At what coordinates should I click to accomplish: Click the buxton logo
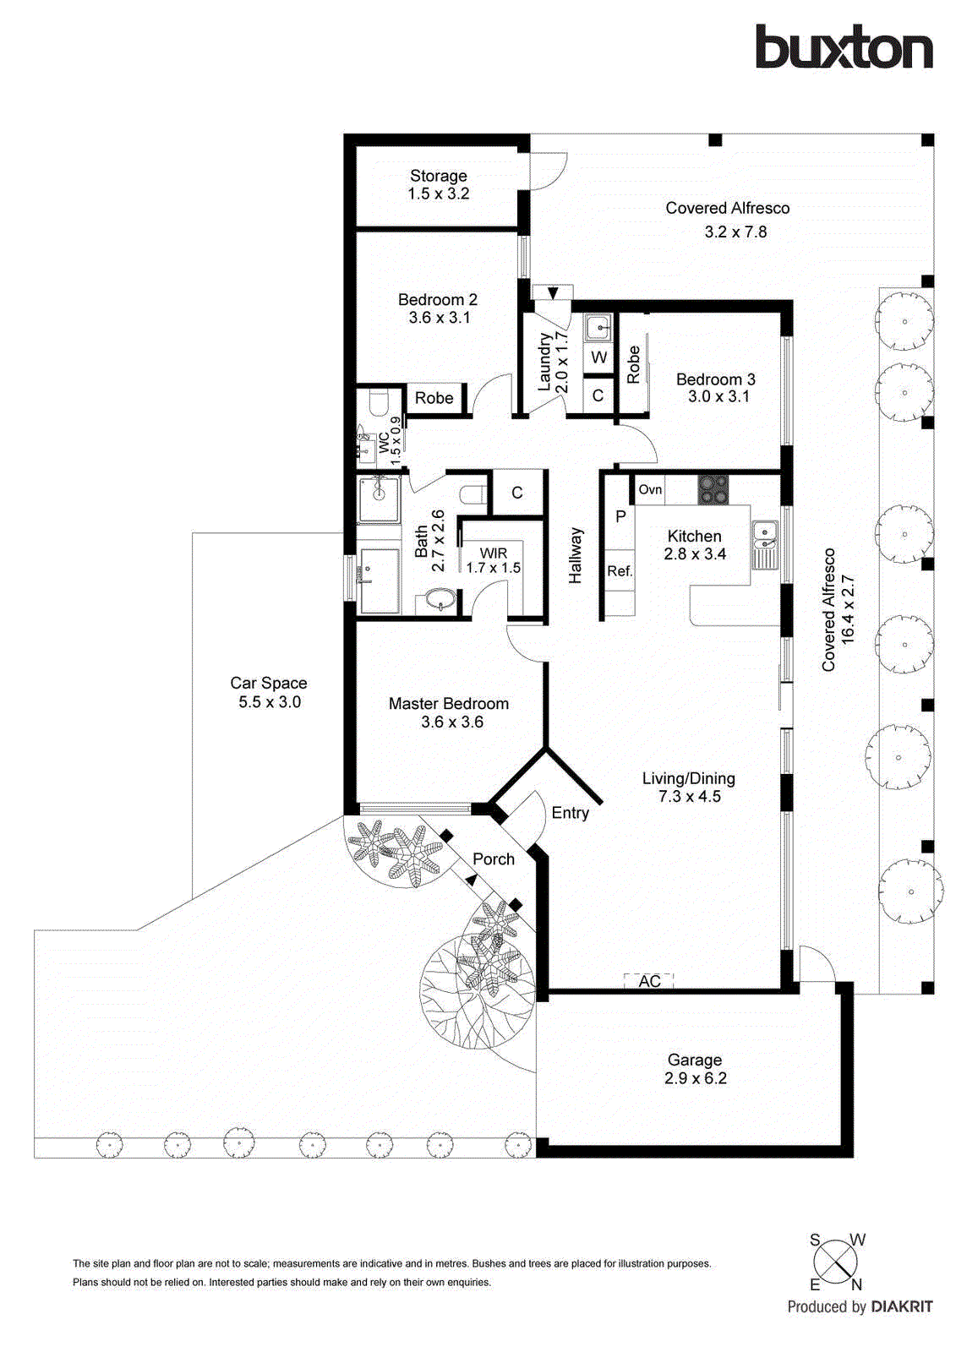(x=844, y=47)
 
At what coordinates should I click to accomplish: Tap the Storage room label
(x=438, y=176)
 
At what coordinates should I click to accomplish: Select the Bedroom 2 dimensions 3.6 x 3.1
(x=439, y=318)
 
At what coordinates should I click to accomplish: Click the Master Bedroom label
(x=448, y=703)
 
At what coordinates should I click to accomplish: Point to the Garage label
(x=694, y=1060)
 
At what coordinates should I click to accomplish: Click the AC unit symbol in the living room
(x=648, y=980)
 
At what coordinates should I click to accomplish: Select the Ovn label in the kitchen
(x=650, y=489)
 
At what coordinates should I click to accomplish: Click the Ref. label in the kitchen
(x=620, y=571)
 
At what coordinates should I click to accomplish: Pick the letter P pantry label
(x=620, y=516)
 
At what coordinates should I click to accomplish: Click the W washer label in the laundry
(x=598, y=357)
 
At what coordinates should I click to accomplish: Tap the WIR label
(x=494, y=553)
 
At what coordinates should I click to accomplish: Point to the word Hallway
(x=576, y=555)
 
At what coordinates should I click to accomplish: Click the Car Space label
(x=269, y=683)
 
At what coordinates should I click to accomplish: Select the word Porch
(x=494, y=859)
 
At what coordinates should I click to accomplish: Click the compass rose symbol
(x=835, y=1262)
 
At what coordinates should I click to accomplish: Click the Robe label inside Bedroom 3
(x=634, y=365)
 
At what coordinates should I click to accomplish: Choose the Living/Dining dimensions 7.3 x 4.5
(x=689, y=796)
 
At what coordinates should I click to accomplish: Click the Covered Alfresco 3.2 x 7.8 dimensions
(x=735, y=232)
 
